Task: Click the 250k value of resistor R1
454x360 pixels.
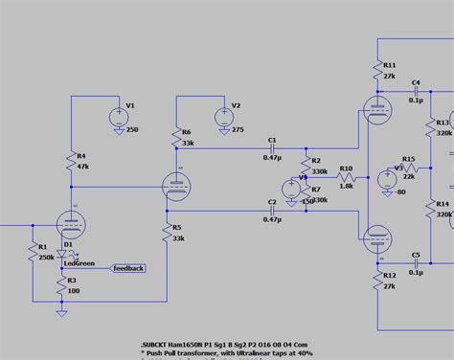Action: [x=45, y=257]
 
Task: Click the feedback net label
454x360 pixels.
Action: [x=128, y=268]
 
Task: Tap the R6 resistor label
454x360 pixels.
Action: [x=186, y=131]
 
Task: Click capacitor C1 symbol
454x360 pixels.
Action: [x=272, y=150]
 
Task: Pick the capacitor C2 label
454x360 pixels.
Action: [x=272, y=202]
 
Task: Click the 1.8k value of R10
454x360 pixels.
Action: [x=346, y=186]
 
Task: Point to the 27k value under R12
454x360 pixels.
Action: [x=390, y=286]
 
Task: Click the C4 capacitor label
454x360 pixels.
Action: [x=416, y=83]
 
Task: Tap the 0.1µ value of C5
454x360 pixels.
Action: [x=416, y=272]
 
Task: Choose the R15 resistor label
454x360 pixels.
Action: [x=409, y=159]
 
